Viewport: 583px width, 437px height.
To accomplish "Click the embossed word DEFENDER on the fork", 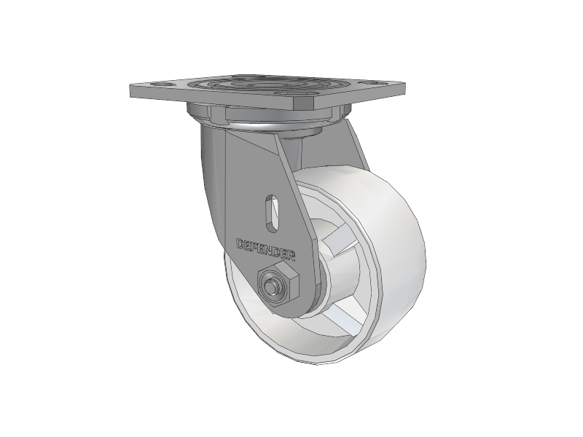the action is coord(266,249).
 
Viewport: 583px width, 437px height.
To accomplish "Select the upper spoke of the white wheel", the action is coord(339,240).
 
